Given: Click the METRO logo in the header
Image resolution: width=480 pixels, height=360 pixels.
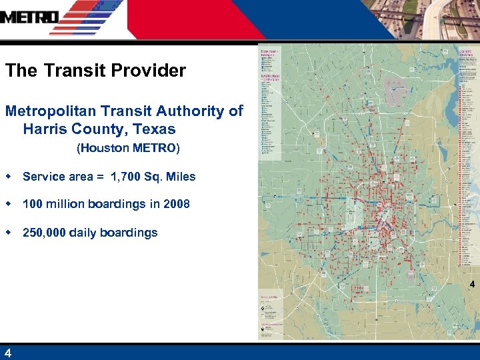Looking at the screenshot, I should pos(30,17).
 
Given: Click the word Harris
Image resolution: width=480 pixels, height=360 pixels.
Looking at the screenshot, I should pos(44,129).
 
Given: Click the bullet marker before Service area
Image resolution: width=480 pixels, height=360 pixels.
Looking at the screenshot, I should pos(8,176).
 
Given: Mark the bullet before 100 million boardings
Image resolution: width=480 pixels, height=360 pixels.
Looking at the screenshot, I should pos(8,203).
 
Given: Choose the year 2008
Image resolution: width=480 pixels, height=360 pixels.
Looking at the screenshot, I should pos(176,204).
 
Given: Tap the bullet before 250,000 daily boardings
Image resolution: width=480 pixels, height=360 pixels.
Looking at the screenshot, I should pos(8,232).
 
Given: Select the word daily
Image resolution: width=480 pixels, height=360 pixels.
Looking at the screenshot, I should pos(86,233).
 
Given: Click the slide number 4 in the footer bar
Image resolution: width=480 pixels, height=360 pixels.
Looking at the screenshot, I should pos(7,353).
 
